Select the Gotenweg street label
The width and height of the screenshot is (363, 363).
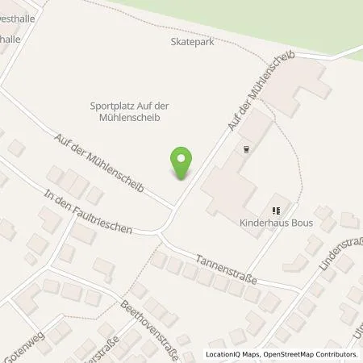(22, 348)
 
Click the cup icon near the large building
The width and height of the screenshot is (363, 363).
(246, 149)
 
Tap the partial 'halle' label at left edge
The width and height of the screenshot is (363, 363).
(10, 38)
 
